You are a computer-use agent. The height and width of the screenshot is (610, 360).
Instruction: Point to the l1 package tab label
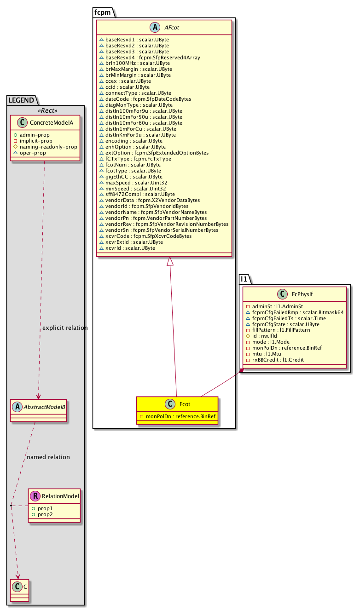(245, 279)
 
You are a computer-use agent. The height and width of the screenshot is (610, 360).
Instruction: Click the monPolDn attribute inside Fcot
(177, 416)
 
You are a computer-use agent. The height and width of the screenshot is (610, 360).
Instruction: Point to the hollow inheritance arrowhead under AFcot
(170, 261)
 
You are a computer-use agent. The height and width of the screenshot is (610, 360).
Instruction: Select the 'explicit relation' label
(65, 328)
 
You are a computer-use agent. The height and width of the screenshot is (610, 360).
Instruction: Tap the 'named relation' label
(48, 457)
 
